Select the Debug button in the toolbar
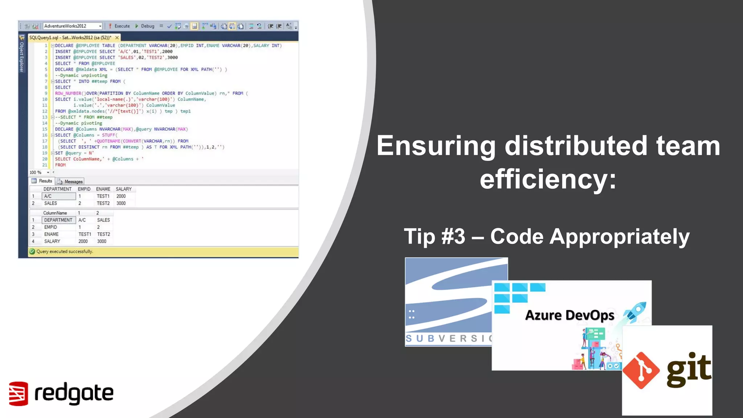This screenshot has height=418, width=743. pyautogui.click(x=145, y=26)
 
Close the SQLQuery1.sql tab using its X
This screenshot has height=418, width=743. pyautogui.click(x=117, y=38)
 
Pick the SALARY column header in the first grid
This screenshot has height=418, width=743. pyautogui.click(x=123, y=189)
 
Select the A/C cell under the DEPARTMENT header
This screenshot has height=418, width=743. pyautogui.click(x=59, y=196)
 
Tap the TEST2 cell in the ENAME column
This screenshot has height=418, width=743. pyautogui.click(x=103, y=204)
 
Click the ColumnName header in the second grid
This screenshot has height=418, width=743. pyautogui.click(x=55, y=213)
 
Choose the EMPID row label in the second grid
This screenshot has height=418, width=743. pyautogui.click(x=50, y=227)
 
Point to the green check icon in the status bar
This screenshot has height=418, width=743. pyautogui.click(x=32, y=251)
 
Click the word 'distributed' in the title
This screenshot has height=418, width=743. pyautogui.click(x=576, y=146)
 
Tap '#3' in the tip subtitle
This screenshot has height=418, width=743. pyautogui.click(x=453, y=237)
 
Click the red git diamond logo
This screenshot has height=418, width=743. pyautogui.click(x=641, y=370)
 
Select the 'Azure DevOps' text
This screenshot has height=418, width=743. pyautogui.click(x=570, y=315)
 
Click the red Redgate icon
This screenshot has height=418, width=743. pyautogui.click(x=18, y=393)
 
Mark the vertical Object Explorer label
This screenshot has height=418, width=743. pyautogui.click(x=22, y=57)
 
